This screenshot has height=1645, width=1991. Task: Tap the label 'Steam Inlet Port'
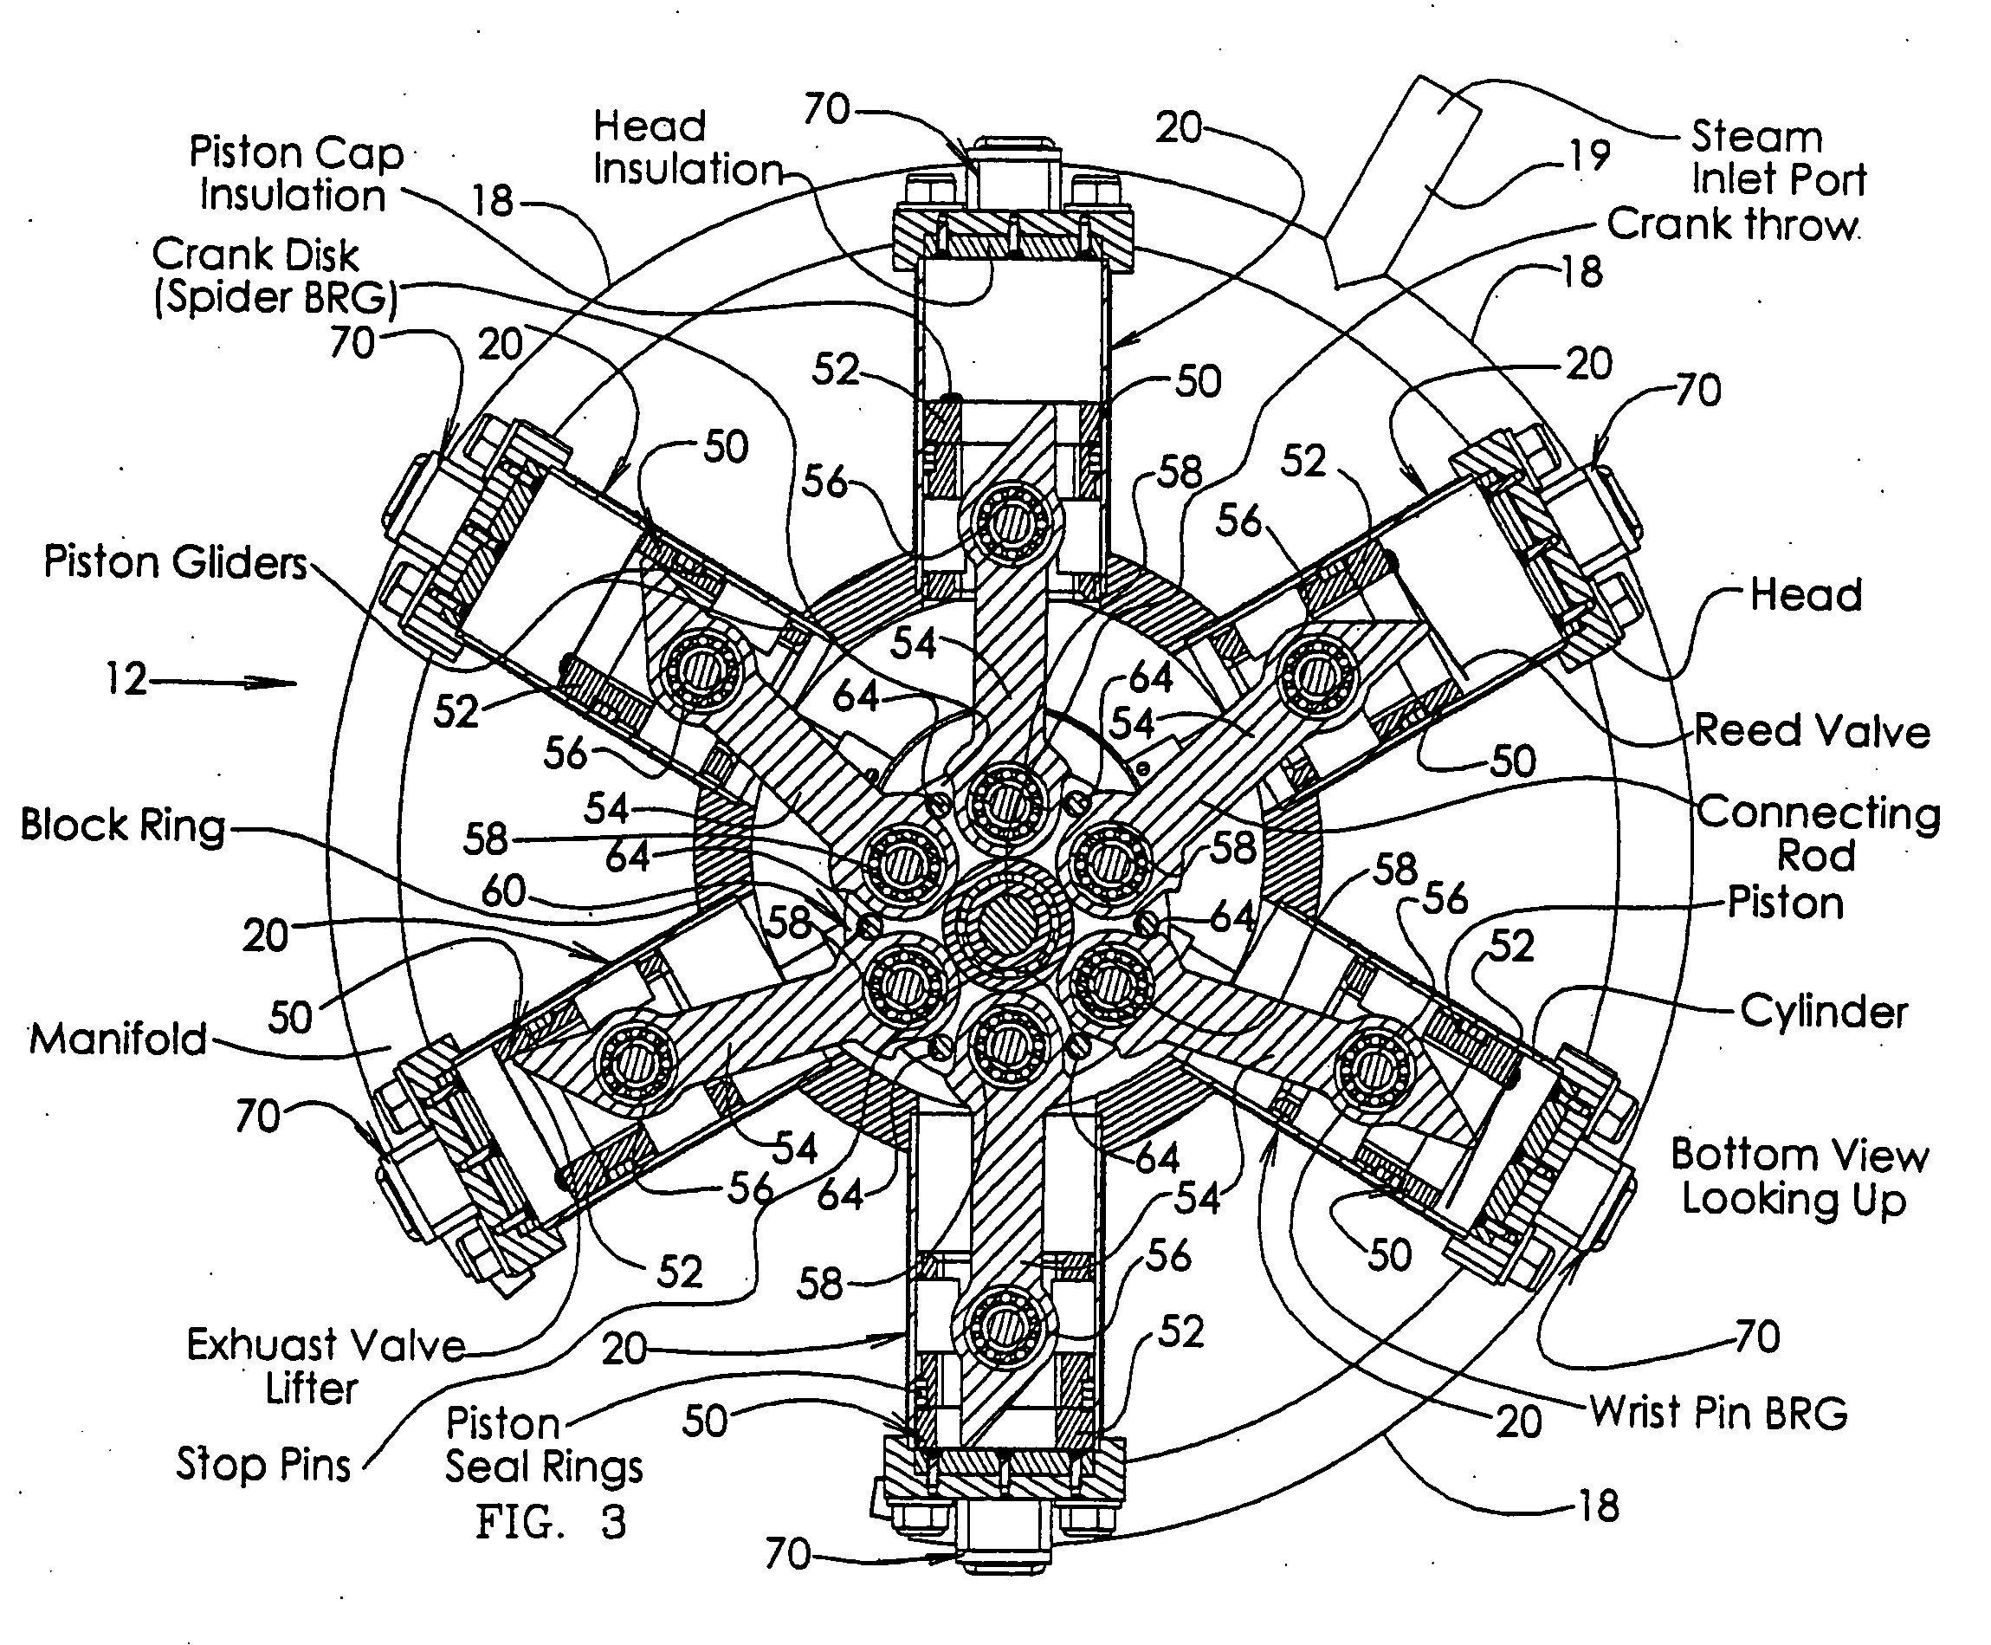tap(1777, 159)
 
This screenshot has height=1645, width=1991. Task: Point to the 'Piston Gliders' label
tap(176, 563)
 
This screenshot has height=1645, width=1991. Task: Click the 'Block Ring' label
tap(123, 826)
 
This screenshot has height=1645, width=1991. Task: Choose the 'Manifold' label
tap(119, 1039)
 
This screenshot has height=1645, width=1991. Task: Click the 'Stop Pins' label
tap(263, 1464)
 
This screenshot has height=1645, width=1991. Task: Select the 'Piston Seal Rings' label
tap(544, 1445)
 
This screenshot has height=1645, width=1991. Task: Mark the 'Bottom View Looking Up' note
tap(1798, 1177)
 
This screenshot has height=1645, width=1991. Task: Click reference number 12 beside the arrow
tap(126, 679)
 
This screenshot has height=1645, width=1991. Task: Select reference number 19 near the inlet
tap(1589, 154)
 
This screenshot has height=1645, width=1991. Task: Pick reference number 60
tap(503, 891)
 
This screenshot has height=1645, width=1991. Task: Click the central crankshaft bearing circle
tap(1010, 925)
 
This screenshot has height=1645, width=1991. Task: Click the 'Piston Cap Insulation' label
tap(295, 173)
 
